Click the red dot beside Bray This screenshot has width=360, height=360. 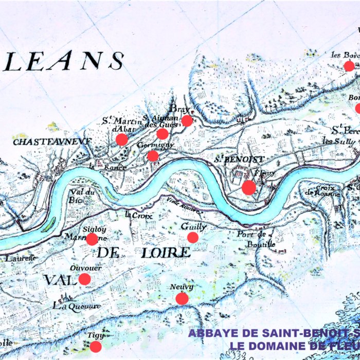click(187, 121)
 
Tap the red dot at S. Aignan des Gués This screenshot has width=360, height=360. click(162, 134)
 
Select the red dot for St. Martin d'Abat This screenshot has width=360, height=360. click(122, 139)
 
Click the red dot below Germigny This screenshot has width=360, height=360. click(153, 156)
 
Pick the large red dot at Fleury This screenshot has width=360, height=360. click(248, 187)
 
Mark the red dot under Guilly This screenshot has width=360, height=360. click(192, 237)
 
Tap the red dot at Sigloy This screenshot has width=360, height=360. click(92, 239)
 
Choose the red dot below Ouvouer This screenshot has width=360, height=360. click(84, 279)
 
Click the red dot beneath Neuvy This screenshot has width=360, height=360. click(182, 298)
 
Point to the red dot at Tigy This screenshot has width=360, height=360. click(96, 346)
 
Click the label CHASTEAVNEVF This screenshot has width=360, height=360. click(52, 141)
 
